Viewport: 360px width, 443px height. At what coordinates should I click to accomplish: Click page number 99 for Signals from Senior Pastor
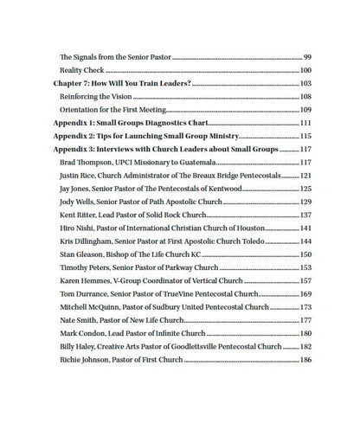point(307,55)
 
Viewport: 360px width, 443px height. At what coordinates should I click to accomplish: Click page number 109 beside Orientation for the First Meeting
point(305,111)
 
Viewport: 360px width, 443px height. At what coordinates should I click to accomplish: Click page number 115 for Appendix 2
point(305,138)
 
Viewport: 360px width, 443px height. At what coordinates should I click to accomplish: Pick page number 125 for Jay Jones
point(305,188)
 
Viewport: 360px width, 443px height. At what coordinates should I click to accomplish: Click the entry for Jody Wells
point(80,201)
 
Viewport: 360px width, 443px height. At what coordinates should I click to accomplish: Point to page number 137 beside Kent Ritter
point(305,214)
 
